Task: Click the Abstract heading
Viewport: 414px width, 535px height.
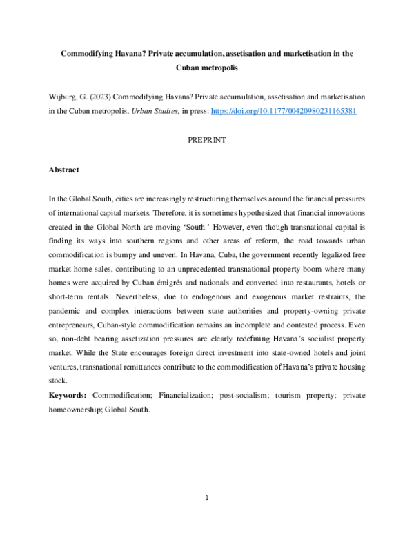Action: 63,169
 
